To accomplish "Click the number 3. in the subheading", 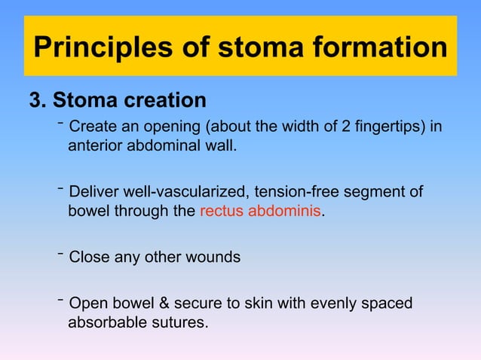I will tap(38, 100).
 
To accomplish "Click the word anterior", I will tap(94, 144).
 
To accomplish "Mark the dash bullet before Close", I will tap(60, 254).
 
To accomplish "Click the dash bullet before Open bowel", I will tap(60, 301).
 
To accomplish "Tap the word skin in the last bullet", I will tap(253, 304).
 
